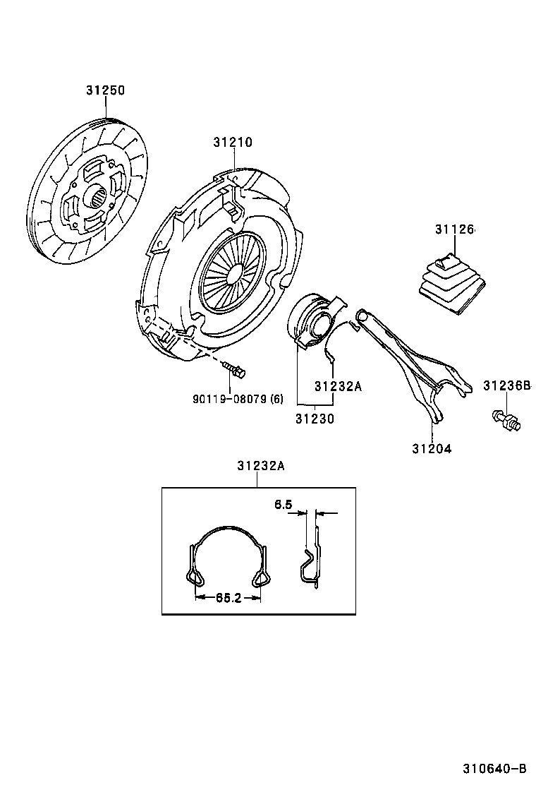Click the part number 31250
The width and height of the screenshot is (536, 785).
coord(105,91)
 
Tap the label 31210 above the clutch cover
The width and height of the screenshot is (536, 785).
coord(233,143)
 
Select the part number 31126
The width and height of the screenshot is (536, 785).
coord(455,229)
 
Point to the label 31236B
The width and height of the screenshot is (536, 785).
coord(506,385)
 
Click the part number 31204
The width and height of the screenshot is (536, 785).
coord(431,448)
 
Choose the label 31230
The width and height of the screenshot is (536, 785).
coord(315,418)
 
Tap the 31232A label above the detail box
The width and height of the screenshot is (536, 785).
coord(260,465)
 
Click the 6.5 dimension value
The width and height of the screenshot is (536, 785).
coord(282,505)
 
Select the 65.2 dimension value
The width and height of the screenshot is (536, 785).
coord(229,598)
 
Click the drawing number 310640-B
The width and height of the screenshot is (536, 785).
coord(494,768)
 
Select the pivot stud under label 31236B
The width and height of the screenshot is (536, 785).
coord(505,420)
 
